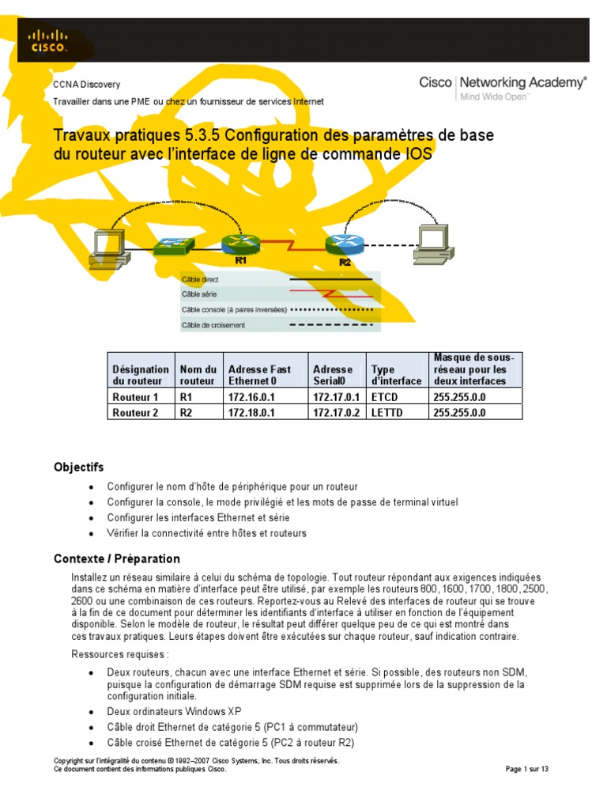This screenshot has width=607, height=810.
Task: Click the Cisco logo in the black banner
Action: (47, 40)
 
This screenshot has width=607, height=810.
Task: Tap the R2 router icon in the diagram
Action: (343, 246)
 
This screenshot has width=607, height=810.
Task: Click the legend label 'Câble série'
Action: (200, 294)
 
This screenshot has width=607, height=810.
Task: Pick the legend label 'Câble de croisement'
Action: (213, 324)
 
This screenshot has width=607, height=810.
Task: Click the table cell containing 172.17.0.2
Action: (336, 412)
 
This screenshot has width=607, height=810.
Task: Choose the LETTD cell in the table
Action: (385, 412)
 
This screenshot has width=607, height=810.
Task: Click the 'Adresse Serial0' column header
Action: (333, 375)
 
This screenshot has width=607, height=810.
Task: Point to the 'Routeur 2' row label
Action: (136, 412)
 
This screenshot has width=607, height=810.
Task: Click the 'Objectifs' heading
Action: (78, 467)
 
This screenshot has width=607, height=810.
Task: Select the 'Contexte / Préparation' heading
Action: (117, 558)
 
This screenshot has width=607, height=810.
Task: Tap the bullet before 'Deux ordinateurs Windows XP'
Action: (92, 711)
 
